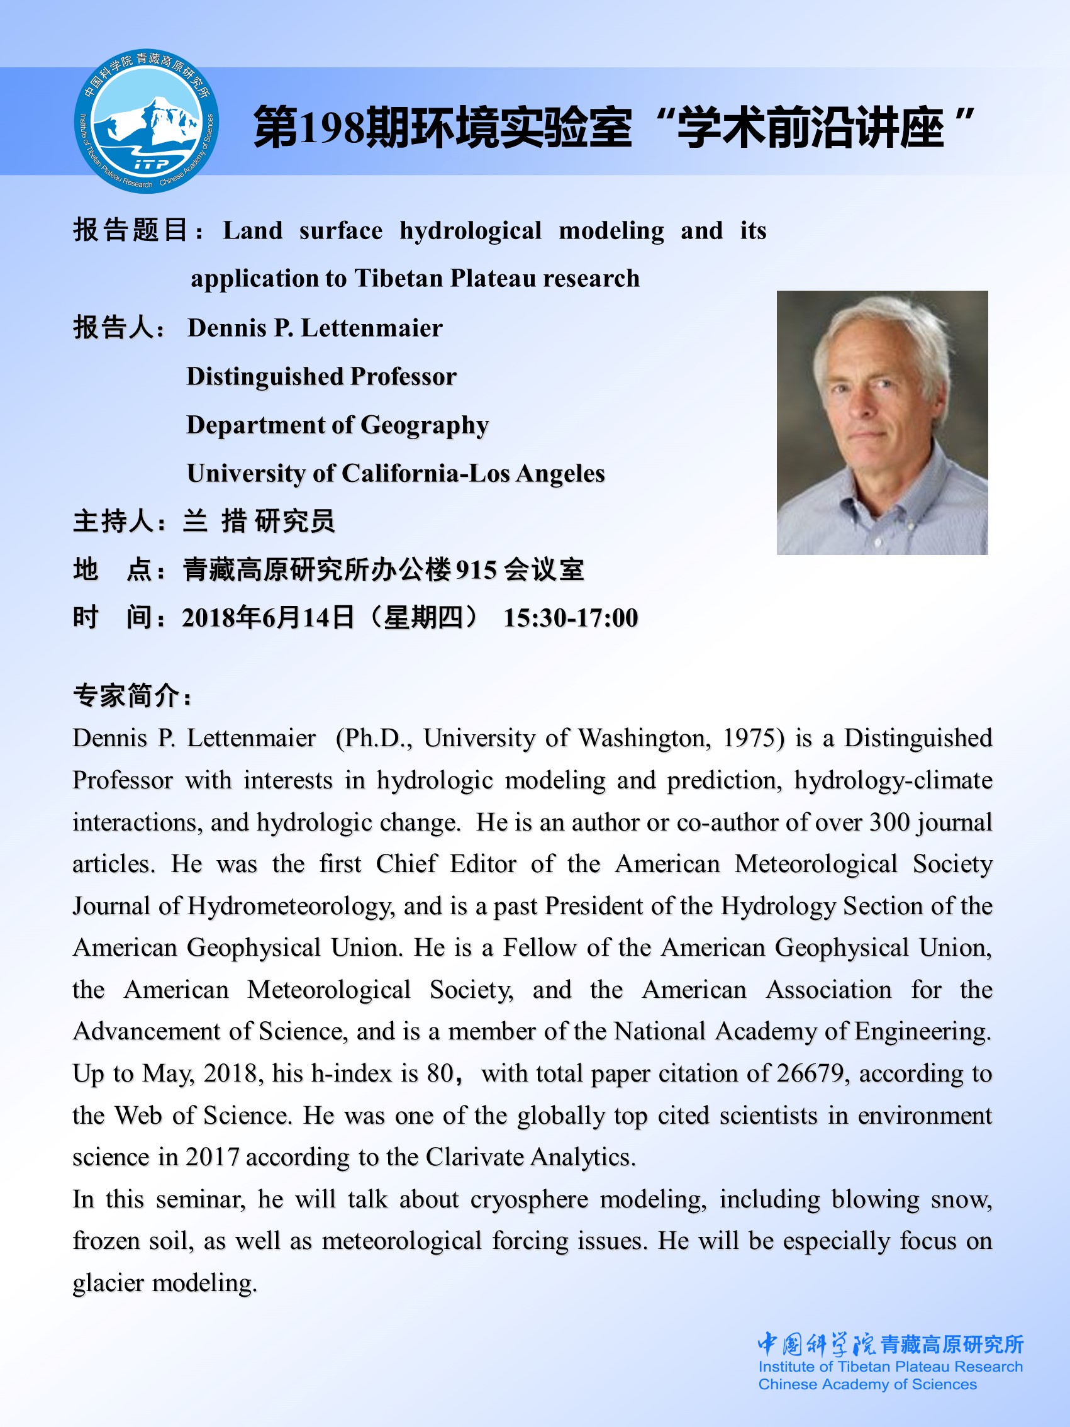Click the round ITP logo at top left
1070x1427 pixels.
pos(147,121)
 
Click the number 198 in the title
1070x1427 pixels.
pos(332,128)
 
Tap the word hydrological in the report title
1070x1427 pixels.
pos(470,231)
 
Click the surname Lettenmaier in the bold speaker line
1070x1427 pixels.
pos(372,328)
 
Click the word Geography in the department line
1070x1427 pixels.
pos(425,426)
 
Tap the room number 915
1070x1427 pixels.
pos(476,570)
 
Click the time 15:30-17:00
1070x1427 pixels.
pos(570,618)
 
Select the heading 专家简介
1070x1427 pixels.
pos(126,696)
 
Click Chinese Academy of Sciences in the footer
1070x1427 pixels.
pos(867,1384)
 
